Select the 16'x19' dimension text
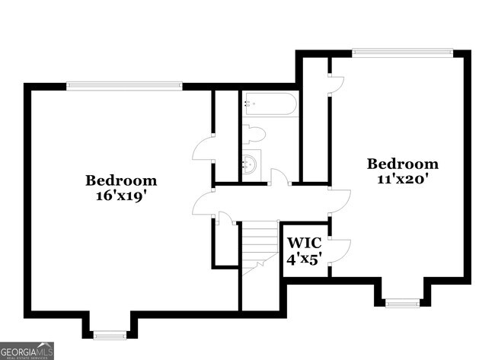(x=121, y=195)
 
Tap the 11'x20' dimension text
(x=403, y=179)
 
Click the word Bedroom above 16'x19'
(x=121, y=180)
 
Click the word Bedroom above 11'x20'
(x=403, y=164)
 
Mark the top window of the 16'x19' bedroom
(x=124, y=86)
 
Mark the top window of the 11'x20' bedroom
(x=403, y=53)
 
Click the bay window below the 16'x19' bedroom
(x=110, y=333)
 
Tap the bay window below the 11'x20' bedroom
(x=402, y=302)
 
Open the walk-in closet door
(x=339, y=250)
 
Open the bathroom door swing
(x=279, y=177)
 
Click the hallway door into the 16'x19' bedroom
(x=202, y=204)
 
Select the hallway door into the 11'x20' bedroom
(x=339, y=199)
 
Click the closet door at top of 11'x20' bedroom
(x=336, y=86)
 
